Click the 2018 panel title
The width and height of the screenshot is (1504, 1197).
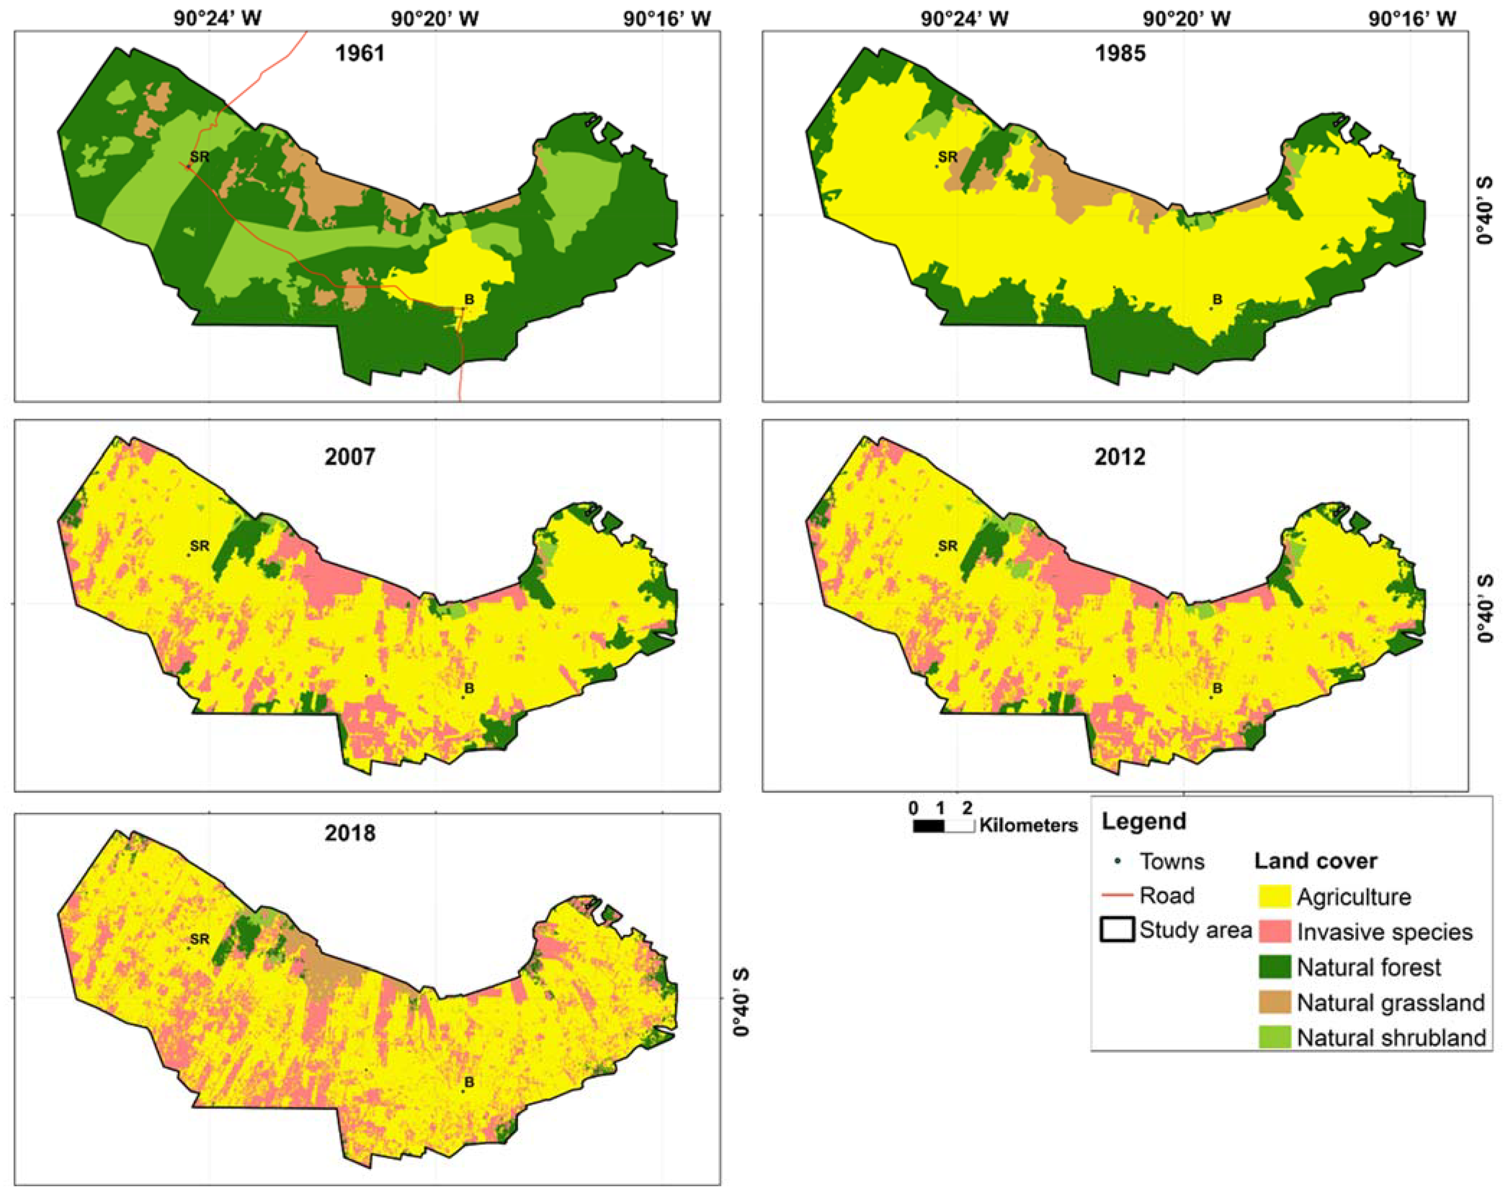[x=350, y=833]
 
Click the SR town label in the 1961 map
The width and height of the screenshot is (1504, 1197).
[x=199, y=157]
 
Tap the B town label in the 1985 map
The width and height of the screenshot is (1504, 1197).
[x=1217, y=300]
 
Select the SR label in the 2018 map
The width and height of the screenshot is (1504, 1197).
[x=199, y=940]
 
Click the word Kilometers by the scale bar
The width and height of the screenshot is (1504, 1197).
[x=1028, y=826]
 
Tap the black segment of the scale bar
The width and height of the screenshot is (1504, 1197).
[x=928, y=826]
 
